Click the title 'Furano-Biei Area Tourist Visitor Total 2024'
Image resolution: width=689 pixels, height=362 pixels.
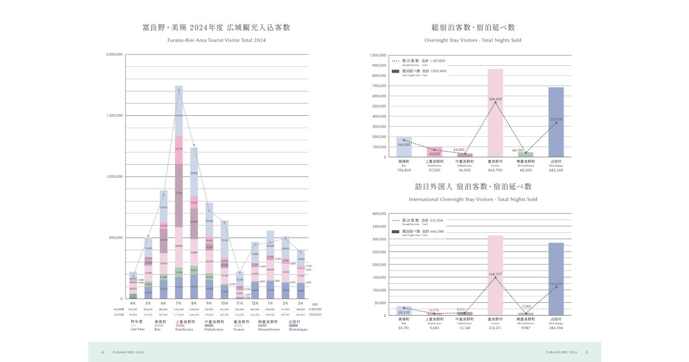pos(216,40)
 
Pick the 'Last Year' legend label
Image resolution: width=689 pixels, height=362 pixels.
pos(137,329)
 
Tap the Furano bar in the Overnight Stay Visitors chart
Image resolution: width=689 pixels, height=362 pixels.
pos(495,113)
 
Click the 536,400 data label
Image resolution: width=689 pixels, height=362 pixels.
pos(495,99)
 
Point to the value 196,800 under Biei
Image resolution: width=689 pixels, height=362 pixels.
pos(404,170)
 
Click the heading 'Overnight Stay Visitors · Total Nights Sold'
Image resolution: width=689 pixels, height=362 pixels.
pos(473,40)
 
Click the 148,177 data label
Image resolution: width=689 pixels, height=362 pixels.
pos(495,274)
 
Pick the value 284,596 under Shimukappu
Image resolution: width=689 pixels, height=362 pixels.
pos(556,328)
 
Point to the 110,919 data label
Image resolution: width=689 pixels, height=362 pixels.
pos(556,283)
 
